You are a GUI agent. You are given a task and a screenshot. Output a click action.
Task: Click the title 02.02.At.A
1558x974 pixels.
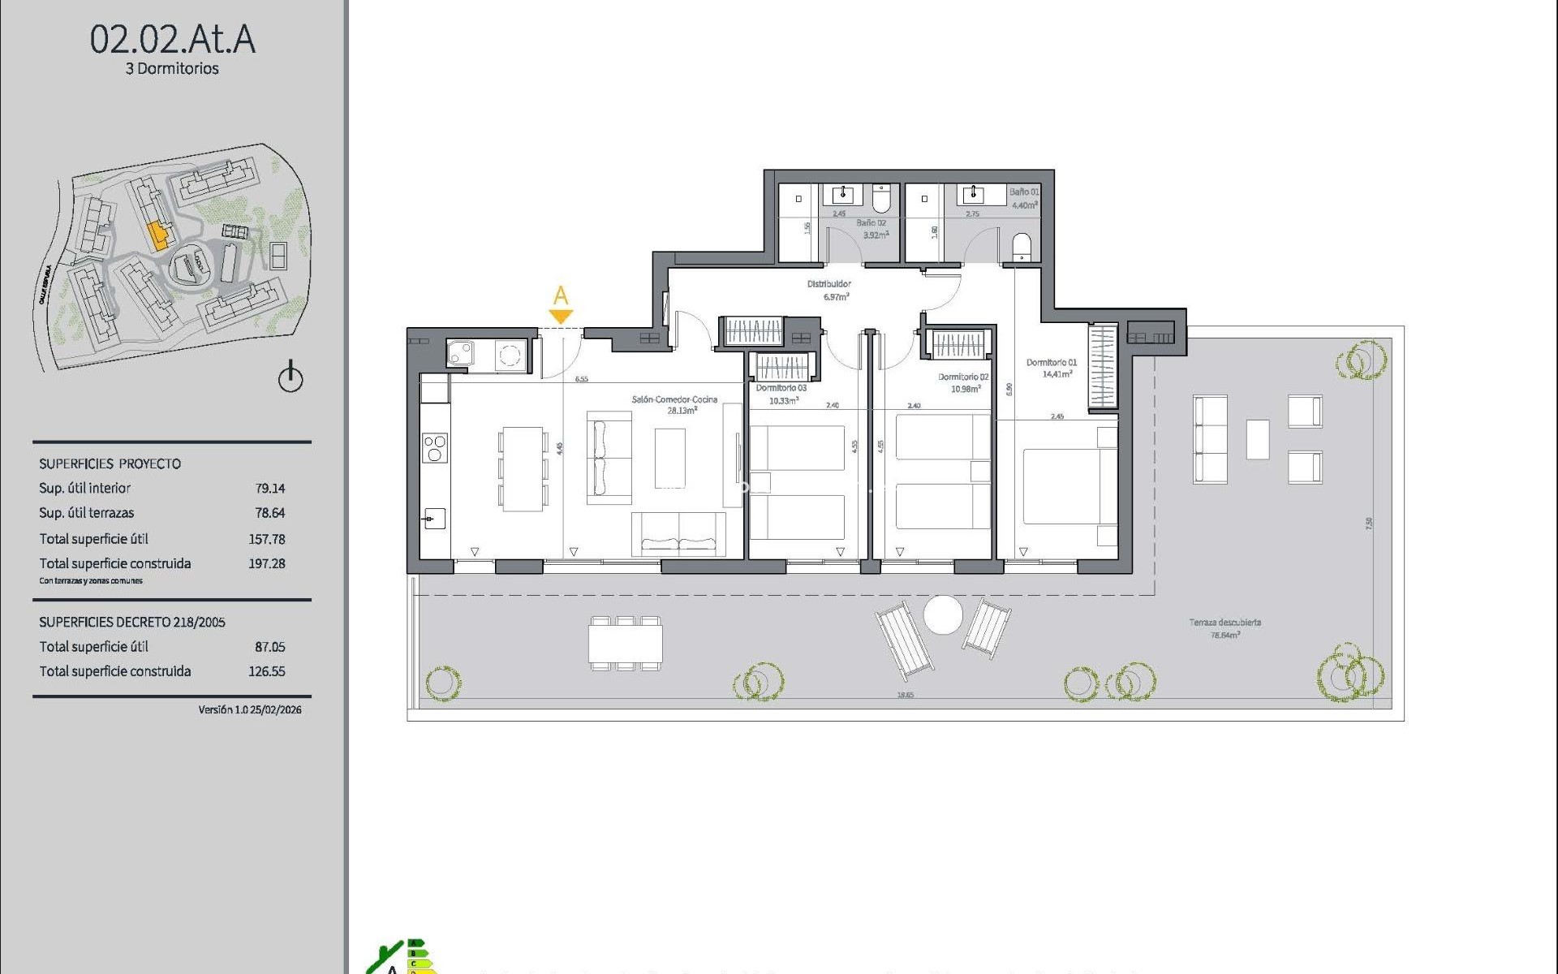pyautogui.click(x=172, y=39)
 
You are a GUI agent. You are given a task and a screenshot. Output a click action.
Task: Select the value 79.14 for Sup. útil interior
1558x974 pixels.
pyautogui.click(x=269, y=488)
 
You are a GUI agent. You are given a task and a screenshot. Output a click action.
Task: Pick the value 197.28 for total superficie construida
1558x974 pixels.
pyautogui.click(x=266, y=563)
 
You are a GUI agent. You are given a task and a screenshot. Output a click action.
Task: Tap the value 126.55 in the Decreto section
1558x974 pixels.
pyautogui.click(x=266, y=671)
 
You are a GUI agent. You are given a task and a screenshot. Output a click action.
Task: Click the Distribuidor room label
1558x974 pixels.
pyautogui.click(x=828, y=284)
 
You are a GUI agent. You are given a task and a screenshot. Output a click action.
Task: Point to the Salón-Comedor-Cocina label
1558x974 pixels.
pyautogui.click(x=674, y=399)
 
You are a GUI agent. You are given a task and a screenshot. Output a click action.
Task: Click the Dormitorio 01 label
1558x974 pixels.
pyautogui.click(x=1051, y=363)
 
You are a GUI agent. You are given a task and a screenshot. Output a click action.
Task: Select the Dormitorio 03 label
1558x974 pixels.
pyautogui.click(x=781, y=388)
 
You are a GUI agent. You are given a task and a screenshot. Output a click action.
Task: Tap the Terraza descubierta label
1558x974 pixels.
pyautogui.click(x=1224, y=623)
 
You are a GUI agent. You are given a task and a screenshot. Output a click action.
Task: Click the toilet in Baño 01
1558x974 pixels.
pyautogui.click(x=1022, y=246)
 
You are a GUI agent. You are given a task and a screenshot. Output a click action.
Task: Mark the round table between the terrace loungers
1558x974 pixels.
pyautogui.click(x=943, y=615)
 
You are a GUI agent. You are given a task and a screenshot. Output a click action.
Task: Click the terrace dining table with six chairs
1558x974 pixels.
pyautogui.click(x=625, y=644)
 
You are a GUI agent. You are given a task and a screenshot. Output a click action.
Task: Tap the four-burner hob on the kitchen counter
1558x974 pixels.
pyautogui.click(x=435, y=448)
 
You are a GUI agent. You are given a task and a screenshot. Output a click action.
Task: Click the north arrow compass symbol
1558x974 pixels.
pyautogui.click(x=291, y=378)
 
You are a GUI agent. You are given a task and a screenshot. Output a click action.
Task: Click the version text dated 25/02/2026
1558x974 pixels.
pyautogui.click(x=249, y=709)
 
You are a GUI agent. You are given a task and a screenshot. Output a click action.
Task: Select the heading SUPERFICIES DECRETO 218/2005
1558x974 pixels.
pyautogui.click(x=132, y=623)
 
